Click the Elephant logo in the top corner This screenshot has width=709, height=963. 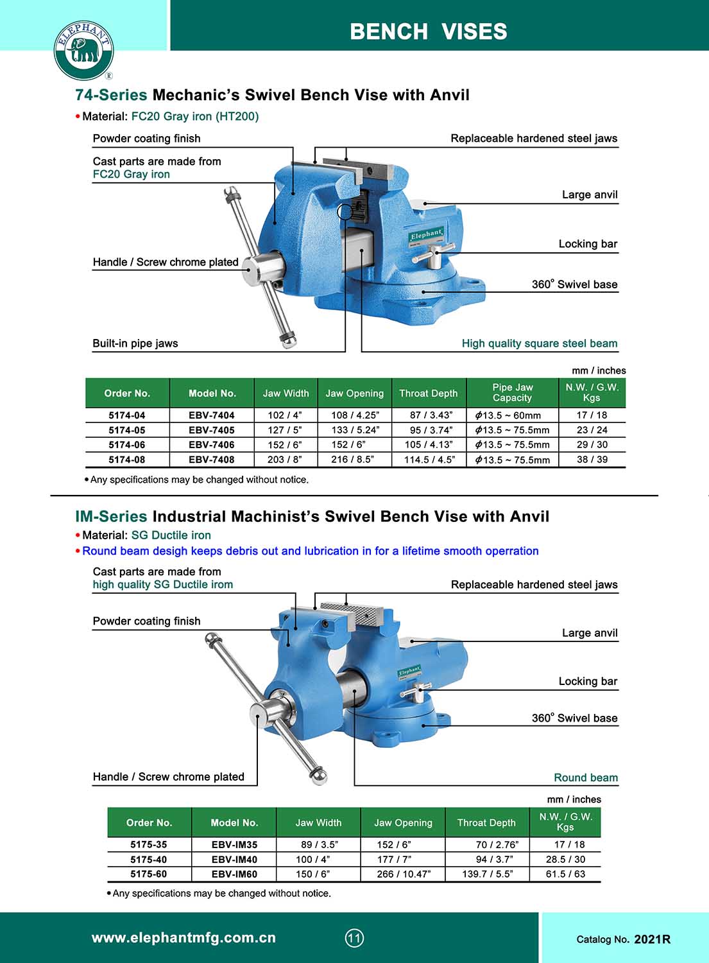83,50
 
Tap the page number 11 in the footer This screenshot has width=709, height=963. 354,938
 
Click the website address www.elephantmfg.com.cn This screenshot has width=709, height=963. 184,938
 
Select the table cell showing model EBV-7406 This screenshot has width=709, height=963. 212,444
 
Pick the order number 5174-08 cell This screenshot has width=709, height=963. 127,459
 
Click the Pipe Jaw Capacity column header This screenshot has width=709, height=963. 512,392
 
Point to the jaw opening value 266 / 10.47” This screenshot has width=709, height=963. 404,874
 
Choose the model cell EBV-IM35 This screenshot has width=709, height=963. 234,844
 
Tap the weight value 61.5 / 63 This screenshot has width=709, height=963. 565,874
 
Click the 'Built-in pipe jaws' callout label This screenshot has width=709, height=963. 135,343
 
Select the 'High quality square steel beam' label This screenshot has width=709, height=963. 539,343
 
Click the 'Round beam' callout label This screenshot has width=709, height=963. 585,777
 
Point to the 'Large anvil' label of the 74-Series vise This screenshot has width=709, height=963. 589,195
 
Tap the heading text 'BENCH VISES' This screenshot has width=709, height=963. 428,31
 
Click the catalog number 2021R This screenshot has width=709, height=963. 652,939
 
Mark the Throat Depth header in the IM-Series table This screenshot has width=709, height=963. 486,822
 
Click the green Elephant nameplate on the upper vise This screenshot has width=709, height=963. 427,235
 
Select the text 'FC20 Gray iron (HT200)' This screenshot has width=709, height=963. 195,116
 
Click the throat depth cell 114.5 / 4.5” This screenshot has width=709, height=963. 429,459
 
